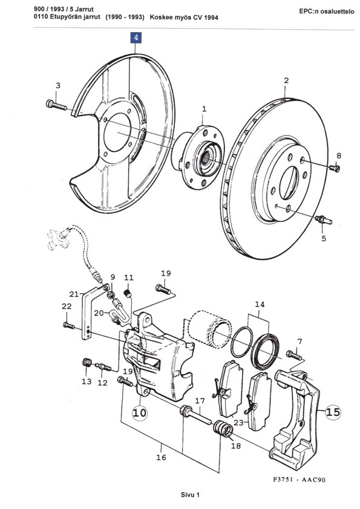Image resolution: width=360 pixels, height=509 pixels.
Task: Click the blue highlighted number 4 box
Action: coord(136,37)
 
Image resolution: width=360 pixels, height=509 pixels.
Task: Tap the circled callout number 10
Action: coord(139,413)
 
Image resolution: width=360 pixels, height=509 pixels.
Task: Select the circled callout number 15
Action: coord(333,412)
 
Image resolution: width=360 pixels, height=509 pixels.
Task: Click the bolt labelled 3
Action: coord(56,105)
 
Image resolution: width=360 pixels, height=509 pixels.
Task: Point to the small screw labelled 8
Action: coord(335,168)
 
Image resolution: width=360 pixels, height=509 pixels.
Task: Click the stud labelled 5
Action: coord(324,219)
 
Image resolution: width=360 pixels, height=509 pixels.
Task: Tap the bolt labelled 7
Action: coord(294,355)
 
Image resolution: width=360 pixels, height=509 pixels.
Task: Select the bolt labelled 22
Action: coord(68,325)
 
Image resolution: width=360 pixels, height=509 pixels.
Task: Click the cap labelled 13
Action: coord(87,362)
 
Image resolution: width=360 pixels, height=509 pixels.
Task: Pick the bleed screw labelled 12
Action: coord(103,367)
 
